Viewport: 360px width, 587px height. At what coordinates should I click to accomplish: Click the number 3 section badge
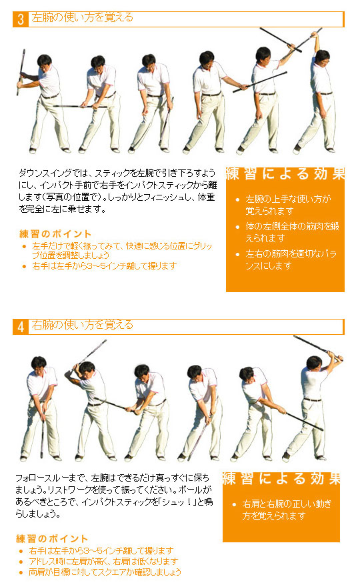21,19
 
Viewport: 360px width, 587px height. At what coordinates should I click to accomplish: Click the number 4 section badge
21,327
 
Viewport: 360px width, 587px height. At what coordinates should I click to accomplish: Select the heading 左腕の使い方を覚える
82,17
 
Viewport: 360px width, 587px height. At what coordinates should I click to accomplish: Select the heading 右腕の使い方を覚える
82,325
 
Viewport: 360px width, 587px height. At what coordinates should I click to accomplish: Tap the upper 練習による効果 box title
285,174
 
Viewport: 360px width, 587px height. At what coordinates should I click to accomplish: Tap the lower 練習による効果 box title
281,479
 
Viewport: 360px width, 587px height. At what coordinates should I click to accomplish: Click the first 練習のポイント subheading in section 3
55,234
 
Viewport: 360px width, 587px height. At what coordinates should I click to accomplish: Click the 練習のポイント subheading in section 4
52,539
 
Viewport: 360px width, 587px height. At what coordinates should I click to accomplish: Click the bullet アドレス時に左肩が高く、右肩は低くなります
103,561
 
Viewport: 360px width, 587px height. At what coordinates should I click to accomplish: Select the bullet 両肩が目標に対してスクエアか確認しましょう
105,572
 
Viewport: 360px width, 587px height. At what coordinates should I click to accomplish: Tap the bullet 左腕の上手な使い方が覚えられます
288,205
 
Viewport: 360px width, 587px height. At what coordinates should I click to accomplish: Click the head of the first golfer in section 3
45,61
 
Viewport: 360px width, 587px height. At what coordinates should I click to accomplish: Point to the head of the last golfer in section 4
315,363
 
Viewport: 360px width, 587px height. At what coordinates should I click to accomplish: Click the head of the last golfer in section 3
322,57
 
